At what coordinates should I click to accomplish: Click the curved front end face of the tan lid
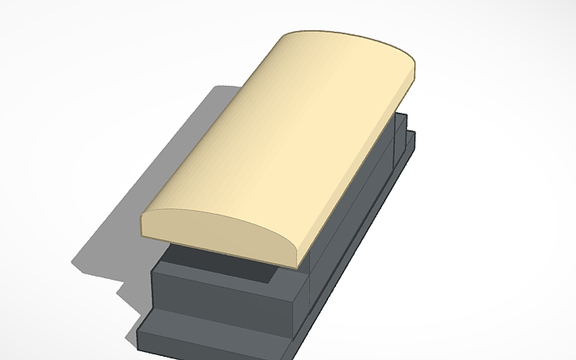[x=215, y=230]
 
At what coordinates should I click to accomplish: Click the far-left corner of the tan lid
[x=284, y=38]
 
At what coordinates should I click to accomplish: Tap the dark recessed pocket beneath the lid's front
[x=238, y=267]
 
